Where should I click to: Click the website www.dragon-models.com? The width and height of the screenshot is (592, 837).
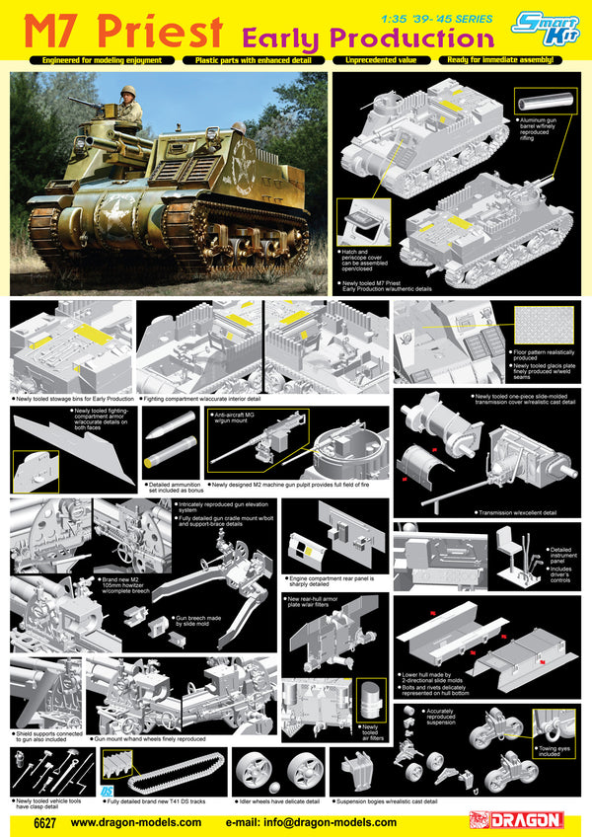[x=136, y=821]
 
